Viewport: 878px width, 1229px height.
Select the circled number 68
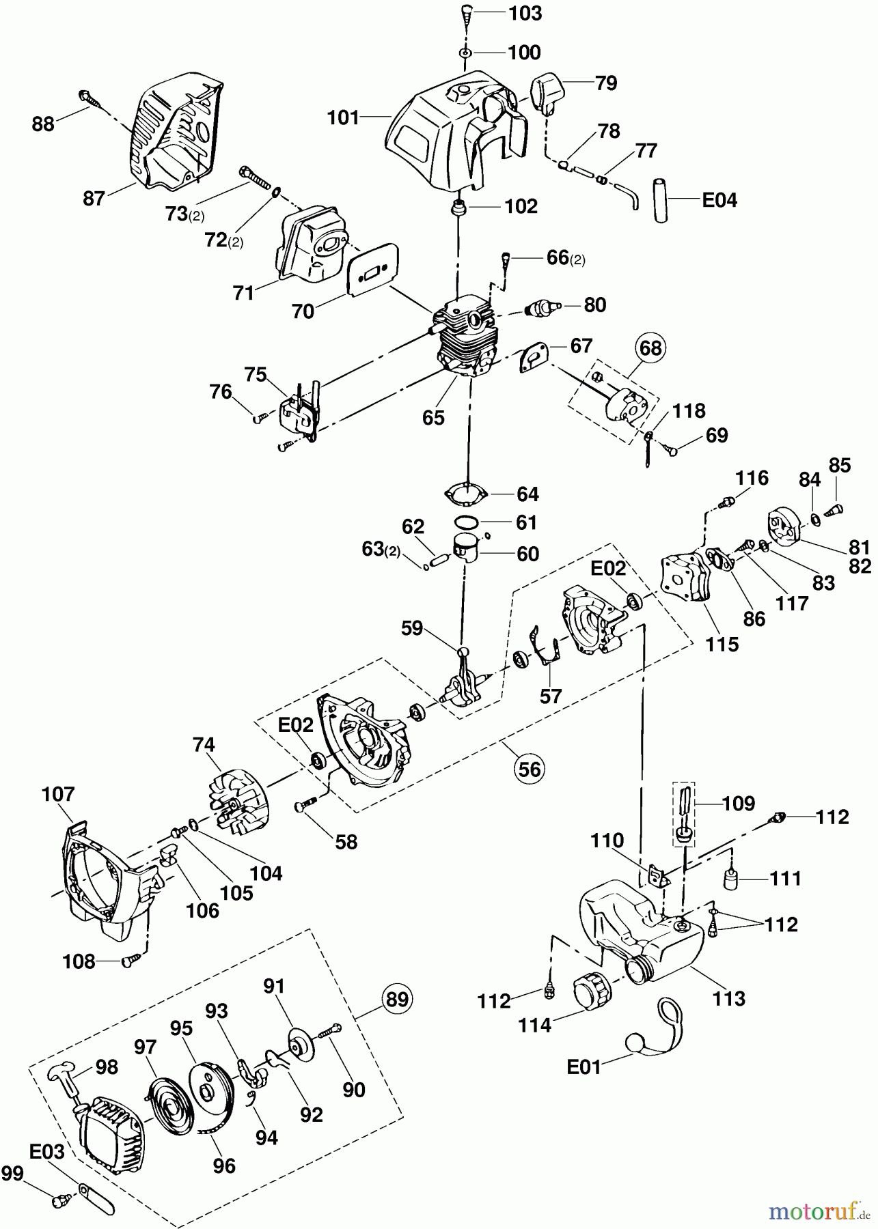650,348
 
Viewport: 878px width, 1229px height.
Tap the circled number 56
530,769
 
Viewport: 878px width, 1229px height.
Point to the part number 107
58,794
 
